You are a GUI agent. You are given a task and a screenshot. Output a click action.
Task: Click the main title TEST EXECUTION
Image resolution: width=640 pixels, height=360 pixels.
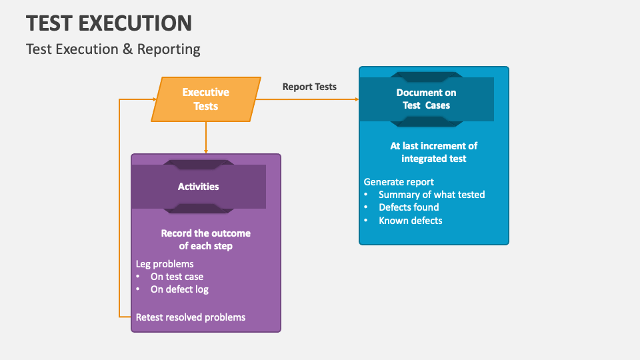[109, 23]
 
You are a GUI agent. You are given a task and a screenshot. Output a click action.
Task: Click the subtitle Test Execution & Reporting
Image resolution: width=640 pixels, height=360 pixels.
[113, 49]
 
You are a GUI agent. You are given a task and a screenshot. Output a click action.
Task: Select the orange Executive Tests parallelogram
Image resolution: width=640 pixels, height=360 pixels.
[205, 99]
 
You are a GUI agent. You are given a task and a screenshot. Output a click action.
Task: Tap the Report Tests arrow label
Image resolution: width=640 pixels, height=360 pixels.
[309, 87]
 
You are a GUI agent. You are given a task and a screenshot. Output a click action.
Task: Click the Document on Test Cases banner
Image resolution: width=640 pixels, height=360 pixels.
[427, 99]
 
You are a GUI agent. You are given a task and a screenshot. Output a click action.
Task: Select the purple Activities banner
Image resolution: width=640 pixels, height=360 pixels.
[198, 187]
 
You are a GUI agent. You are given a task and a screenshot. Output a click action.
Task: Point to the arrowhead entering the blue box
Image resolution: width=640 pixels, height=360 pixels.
[355, 99]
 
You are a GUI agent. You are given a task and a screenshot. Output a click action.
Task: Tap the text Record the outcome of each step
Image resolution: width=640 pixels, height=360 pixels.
[205, 239]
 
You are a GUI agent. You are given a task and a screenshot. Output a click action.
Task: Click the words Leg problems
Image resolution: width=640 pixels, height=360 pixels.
[165, 264]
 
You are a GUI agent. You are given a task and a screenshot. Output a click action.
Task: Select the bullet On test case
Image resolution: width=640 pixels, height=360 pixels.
[177, 277]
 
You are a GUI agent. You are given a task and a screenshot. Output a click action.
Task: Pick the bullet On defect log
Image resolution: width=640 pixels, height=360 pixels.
[179, 289]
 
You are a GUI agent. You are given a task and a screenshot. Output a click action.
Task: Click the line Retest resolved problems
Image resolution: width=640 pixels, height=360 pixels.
[191, 317]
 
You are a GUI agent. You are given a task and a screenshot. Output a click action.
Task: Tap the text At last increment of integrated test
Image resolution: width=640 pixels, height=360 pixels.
[434, 152]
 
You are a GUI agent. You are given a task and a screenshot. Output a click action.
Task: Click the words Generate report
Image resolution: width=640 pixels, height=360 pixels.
[399, 182]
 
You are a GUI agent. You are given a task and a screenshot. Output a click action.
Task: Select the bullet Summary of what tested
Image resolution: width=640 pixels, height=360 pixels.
[431, 195]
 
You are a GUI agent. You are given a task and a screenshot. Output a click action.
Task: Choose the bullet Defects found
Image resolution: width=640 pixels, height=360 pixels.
[409, 207]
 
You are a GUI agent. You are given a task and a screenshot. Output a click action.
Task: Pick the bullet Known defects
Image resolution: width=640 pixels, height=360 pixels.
[410, 221]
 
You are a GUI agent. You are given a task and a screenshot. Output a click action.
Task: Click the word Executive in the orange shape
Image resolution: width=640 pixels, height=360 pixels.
[205, 93]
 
